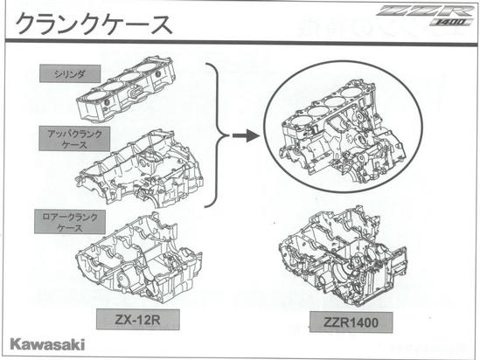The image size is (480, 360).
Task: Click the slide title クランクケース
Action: [x=94, y=24]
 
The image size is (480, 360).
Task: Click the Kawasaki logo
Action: [x=47, y=344]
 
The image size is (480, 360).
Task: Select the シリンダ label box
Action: [x=70, y=73]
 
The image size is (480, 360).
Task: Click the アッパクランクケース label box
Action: [x=74, y=139]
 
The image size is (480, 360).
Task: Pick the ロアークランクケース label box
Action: [x=70, y=222]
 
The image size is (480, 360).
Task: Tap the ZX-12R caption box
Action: [x=138, y=319]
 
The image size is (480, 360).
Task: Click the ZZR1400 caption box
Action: [x=351, y=322]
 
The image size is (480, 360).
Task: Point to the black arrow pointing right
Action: [x=246, y=135]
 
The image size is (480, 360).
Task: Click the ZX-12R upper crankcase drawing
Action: [x=138, y=168]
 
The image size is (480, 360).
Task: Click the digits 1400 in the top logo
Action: [x=450, y=22]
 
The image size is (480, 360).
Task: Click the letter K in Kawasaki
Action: [x=16, y=344]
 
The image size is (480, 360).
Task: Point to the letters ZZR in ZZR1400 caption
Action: [x=337, y=322]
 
